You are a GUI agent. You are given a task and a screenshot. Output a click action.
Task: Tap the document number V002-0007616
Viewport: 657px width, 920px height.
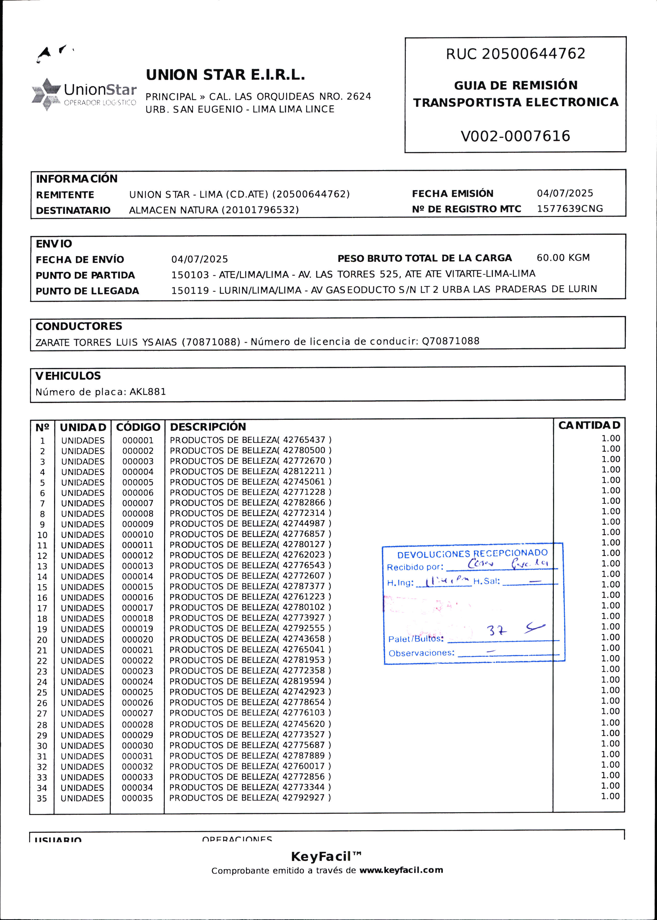point(516,136)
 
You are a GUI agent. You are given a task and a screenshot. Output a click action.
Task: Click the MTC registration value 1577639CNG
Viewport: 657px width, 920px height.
point(570,209)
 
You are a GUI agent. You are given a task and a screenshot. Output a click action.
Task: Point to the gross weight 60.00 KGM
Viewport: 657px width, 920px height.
point(563,258)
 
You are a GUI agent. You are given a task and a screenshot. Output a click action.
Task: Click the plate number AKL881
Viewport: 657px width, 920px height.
point(148,392)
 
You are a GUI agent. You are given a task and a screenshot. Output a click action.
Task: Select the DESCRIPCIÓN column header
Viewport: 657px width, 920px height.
point(208,427)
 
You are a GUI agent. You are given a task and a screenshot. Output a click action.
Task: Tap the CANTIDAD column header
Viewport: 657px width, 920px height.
point(589,425)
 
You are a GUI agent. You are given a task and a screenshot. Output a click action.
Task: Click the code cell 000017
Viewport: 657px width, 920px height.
point(138,608)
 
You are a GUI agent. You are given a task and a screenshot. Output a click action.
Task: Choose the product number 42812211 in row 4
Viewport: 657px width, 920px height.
point(304,471)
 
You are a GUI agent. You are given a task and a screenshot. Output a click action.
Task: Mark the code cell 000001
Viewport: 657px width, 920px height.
point(138,440)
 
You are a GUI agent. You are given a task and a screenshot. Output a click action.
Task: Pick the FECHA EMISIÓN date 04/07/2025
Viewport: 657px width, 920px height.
point(565,193)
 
